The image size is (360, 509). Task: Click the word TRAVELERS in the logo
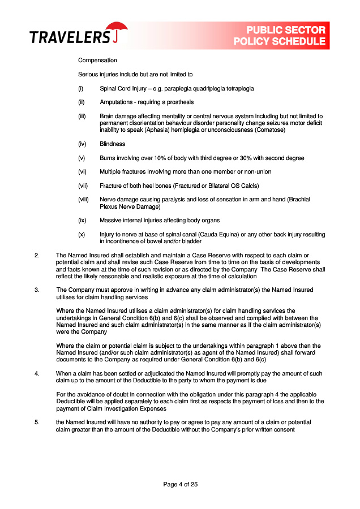pos(70,38)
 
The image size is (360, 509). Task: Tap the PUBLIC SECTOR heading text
pos(286,31)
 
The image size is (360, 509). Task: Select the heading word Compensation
pos(97,61)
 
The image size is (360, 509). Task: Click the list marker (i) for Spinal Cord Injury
pos(81,89)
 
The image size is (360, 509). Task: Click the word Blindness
pos(113,144)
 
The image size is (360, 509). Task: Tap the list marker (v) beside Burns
pos(82,158)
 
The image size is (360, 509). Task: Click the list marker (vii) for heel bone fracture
pos(83,186)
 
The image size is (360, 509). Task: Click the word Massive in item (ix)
pos(110,221)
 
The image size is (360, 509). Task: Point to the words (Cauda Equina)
pos(212,235)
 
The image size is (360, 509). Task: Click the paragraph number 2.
pos(37,256)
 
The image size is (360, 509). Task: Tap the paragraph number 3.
pos(37,290)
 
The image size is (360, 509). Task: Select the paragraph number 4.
pos(37,373)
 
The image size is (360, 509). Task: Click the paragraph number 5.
pos(37,422)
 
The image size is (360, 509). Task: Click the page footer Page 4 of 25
pos(180,484)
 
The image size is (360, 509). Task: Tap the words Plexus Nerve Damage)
pos(130,207)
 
